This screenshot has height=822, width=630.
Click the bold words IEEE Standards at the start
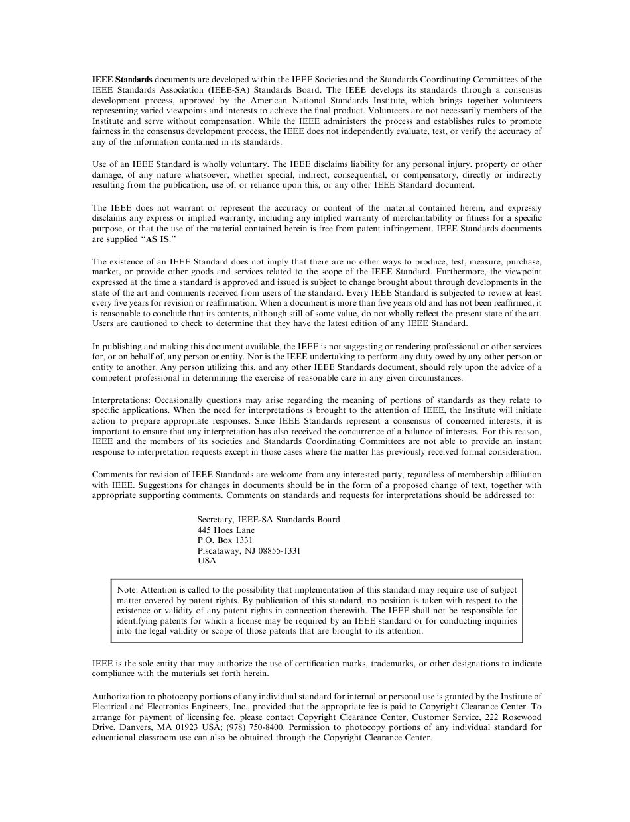tap(122, 80)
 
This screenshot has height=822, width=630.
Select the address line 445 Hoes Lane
tap(225, 530)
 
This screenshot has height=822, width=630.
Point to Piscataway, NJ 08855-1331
tap(249, 550)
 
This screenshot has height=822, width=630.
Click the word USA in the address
tap(206, 560)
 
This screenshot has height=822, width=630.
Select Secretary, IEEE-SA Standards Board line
tap(268, 520)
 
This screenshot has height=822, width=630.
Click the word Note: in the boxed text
tap(127, 589)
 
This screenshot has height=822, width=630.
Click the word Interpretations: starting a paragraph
tap(121, 400)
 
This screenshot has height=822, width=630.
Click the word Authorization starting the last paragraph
tap(118, 697)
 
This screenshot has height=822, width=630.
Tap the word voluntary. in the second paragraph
tap(250, 164)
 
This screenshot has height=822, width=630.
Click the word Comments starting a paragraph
tap(111, 475)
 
